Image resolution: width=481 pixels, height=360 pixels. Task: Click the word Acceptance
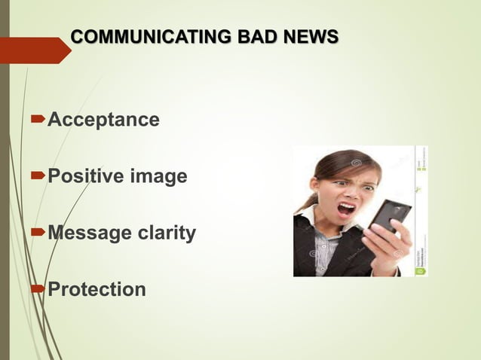coord(103,120)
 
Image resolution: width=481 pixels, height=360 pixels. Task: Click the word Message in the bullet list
coord(83,233)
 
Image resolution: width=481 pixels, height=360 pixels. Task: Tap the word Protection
coord(97,290)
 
